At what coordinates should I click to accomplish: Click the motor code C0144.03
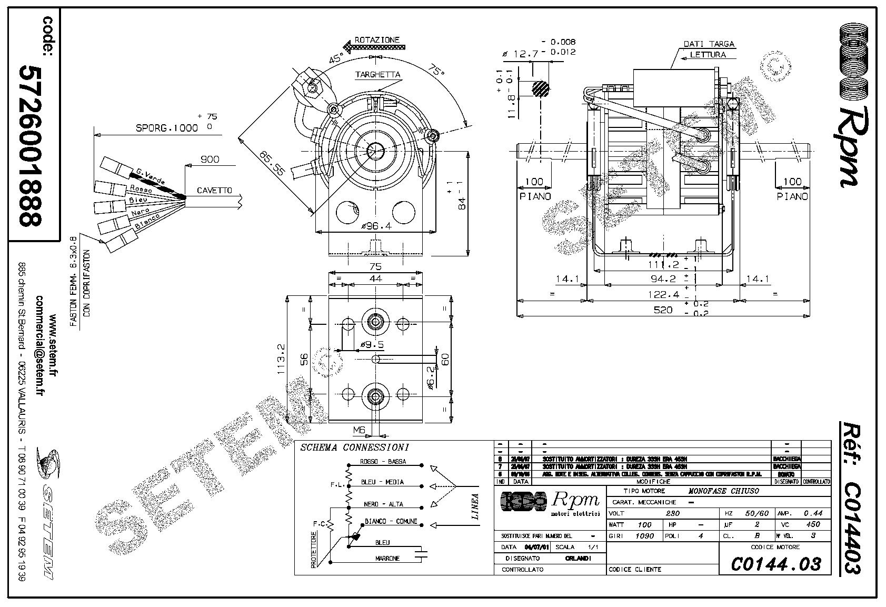click(x=775, y=564)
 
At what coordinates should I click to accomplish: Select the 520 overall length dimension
click(x=663, y=310)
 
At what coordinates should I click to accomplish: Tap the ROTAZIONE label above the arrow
click(x=377, y=39)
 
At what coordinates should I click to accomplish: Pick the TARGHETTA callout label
click(x=377, y=75)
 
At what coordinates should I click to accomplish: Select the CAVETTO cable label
click(x=214, y=190)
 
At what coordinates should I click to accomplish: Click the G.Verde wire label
click(x=150, y=174)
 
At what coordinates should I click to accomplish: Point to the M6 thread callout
click(x=359, y=430)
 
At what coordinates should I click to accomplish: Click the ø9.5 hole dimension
click(x=372, y=345)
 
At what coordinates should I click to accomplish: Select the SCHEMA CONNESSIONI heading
click(x=354, y=448)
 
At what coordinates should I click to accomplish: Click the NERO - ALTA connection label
click(x=383, y=504)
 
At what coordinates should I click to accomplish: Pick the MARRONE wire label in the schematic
click(x=387, y=558)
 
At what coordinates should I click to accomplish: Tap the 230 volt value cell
click(x=673, y=513)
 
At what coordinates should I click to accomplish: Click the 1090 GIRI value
click(x=644, y=536)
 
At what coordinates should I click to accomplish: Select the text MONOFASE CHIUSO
click(x=724, y=491)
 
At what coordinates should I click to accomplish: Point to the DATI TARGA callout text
click(x=709, y=44)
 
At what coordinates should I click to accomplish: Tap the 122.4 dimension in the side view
click(x=663, y=294)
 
